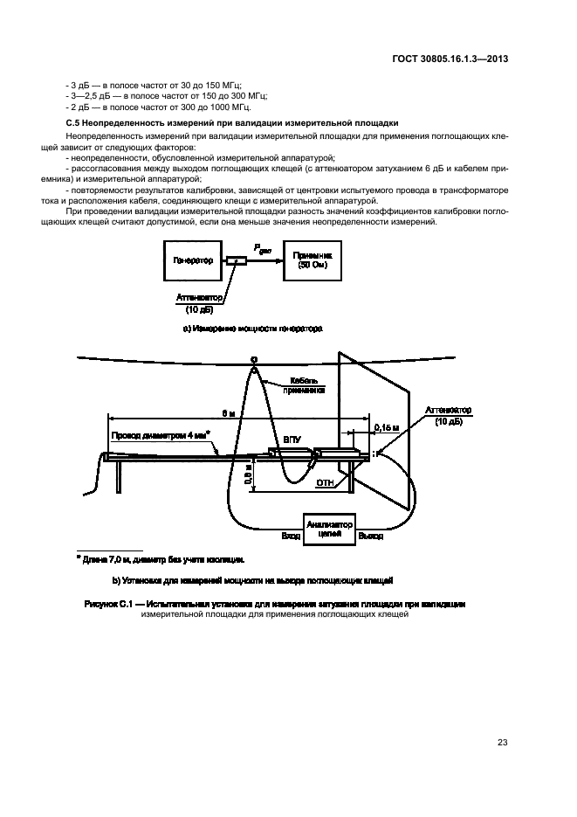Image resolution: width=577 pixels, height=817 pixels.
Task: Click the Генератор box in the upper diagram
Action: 193,260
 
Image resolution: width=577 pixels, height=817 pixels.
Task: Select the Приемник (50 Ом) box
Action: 312,260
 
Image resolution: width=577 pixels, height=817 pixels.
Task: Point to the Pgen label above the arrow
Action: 264,249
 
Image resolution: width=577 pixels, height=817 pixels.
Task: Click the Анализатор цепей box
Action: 328,530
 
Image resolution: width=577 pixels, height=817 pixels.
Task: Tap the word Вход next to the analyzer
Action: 290,536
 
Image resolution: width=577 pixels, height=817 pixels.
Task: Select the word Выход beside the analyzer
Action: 370,536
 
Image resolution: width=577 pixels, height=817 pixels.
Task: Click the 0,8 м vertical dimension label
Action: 248,475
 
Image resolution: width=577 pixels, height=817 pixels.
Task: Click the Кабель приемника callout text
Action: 309,386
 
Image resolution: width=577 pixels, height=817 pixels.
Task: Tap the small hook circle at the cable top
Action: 254,359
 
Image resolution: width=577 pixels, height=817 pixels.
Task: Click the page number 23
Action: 502,743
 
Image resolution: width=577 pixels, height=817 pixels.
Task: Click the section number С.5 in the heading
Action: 74,124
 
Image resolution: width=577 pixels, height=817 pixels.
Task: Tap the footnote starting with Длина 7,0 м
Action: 161,558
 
